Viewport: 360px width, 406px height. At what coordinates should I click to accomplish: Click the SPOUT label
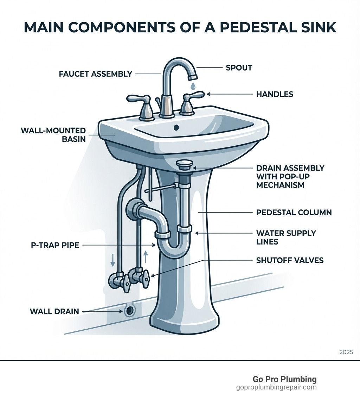[239, 68]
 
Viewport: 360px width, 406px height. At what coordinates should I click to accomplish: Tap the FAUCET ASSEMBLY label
[95, 74]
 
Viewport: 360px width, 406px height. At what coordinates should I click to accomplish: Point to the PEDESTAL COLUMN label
[294, 212]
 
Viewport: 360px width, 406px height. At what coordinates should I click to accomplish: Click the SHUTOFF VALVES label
[290, 260]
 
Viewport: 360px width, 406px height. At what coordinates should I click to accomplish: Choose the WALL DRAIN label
[54, 311]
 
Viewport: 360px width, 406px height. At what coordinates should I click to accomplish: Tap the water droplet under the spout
[193, 85]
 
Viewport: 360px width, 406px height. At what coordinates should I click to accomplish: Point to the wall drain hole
[130, 310]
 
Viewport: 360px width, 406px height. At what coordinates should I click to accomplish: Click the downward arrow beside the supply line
[113, 260]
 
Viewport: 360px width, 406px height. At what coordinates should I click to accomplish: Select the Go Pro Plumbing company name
[284, 379]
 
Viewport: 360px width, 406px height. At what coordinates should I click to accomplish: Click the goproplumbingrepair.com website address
[276, 387]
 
